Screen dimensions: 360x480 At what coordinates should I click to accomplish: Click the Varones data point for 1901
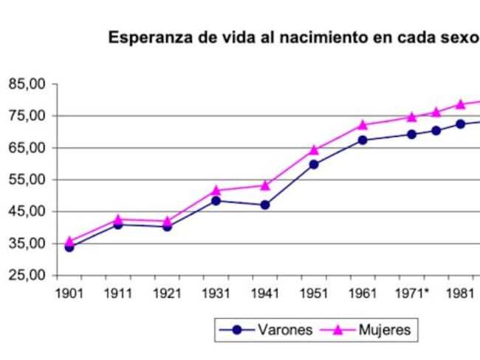(x=69, y=247)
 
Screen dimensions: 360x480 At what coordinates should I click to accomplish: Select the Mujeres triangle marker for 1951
(x=314, y=150)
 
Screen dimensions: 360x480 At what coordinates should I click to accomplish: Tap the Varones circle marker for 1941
(x=265, y=205)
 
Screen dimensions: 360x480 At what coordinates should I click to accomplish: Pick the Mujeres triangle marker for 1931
(x=216, y=190)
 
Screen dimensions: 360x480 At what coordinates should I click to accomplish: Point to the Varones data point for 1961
(x=363, y=140)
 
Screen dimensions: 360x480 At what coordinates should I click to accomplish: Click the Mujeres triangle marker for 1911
(x=118, y=219)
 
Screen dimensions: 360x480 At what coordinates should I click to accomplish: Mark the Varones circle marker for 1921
(x=167, y=227)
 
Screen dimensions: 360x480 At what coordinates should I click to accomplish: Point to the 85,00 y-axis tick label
(x=27, y=84)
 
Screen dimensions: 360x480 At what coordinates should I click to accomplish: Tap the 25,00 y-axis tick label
(x=27, y=276)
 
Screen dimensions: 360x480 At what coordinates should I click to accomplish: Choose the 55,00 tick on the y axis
(x=27, y=180)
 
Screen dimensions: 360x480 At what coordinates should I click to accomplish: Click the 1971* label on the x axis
(x=414, y=293)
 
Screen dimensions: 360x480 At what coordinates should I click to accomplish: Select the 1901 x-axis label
(x=69, y=293)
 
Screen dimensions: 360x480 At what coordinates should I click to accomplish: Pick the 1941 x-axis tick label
(x=265, y=293)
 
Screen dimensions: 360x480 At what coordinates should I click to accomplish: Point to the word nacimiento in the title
(x=301, y=38)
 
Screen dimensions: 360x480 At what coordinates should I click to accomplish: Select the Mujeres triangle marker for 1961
(x=363, y=125)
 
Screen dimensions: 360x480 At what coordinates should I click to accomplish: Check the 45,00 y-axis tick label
(x=27, y=211)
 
